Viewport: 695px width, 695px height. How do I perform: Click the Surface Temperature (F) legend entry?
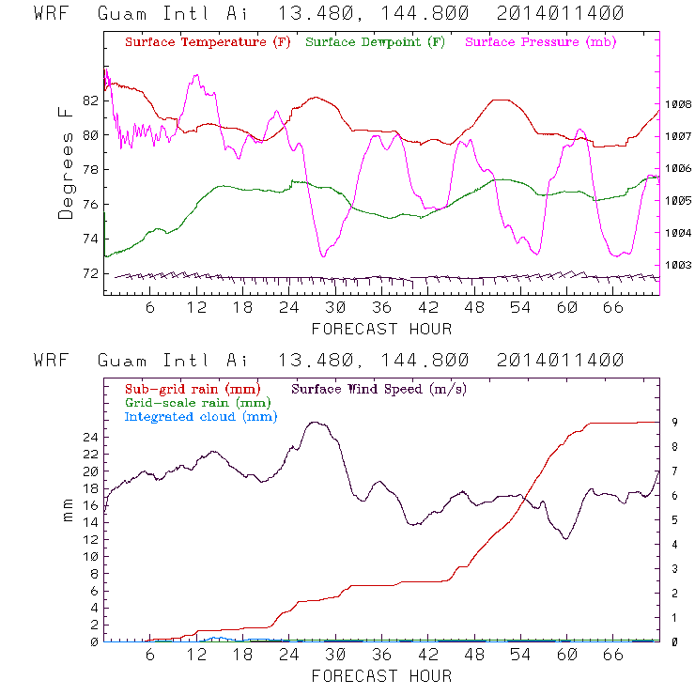208,43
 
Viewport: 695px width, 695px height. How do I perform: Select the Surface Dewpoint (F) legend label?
376,43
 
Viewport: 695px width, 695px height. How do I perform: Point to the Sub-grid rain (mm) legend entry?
192,388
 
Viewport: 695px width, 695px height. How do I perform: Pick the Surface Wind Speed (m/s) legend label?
380,388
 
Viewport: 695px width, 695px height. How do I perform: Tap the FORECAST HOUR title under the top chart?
381,329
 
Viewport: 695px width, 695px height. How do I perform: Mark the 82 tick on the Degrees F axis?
90,100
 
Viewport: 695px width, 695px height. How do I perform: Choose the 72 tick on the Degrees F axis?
90,273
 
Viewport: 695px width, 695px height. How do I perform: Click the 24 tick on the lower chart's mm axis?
90,437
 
